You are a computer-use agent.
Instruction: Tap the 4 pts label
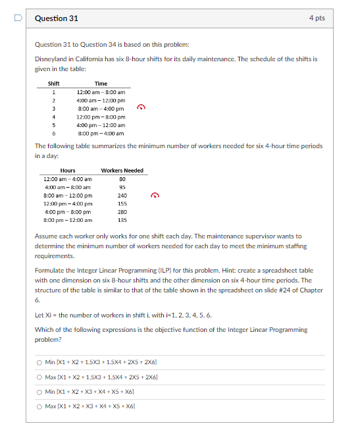tap(317, 18)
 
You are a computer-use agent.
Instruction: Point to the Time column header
tap(101, 84)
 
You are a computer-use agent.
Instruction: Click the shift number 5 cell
tap(53, 124)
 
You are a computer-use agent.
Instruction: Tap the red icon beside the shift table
tap(140, 107)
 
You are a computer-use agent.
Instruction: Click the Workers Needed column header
tap(122, 171)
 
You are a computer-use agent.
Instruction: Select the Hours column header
tap(67, 171)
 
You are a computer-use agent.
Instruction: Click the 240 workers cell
tap(122, 196)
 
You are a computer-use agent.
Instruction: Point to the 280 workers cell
tap(122, 212)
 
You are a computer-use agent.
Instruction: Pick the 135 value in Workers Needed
tap(122, 220)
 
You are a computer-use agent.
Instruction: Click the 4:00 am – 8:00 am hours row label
tap(67, 187)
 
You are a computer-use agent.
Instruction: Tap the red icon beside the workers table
tap(155, 195)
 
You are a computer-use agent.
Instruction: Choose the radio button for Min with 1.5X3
tap(39, 362)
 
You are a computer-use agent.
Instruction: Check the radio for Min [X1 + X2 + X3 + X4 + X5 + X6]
tap(39, 391)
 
